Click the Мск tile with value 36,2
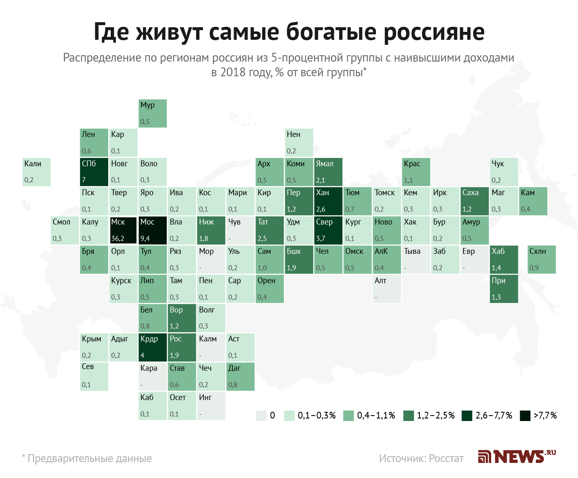pyautogui.click(x=123, y=230)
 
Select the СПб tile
pyautogui.click(x=94, y=172)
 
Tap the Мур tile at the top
pyautogui.click(x=153, y=113)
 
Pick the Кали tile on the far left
pyautogui.click(x=36, y=172)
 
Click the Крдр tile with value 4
pyautogui.click(x=153, y=347)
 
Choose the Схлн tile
pyautogui.click(x=542, y=259)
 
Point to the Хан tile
pyautogui.click(x=328, y=201)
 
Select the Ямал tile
pyautogui.click(x=328, y=172)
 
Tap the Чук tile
pyautogui.click(x=504, y=172)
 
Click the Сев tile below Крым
pyautogui.click(x=94, y=376)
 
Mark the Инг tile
pyautogui.click(x=211, y=405)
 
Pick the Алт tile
pyautogui.click(x=386, y=289)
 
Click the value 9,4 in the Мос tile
pyautogui.click(x=145, y=238)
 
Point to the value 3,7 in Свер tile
pyautogui.click(x=320, y=238)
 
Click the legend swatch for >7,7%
pyautogui.click(x=525, y=416)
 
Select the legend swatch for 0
pyautogui.click(x=261, y=416)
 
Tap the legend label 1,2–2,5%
pyautogui.click(x=436, y=416)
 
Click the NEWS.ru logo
pyautogui.click(x=517, y=456)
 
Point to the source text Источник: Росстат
pyautogui.click(x=421, y=458)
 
